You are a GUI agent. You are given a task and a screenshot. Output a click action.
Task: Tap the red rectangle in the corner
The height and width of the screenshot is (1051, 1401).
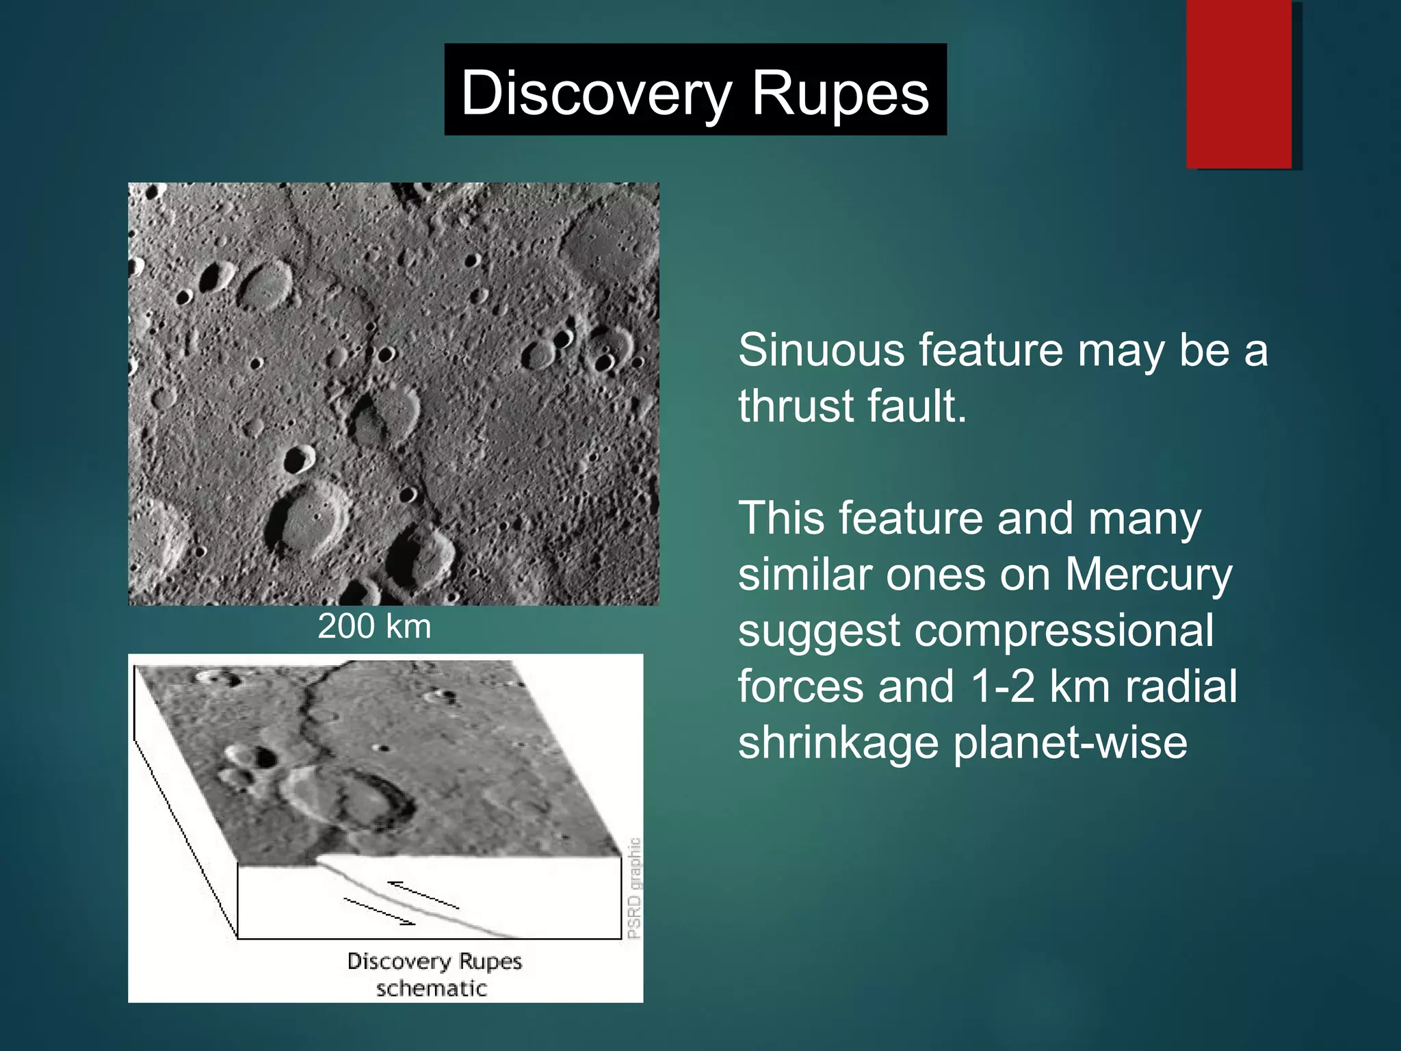coord(1239,83)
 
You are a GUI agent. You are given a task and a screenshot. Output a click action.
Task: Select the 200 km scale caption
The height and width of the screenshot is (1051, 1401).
coord(374,626)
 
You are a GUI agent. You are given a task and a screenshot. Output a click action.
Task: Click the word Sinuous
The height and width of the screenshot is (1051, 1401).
coord(820,350)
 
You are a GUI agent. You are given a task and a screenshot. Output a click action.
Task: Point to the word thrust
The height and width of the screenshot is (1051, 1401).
coord(796,406)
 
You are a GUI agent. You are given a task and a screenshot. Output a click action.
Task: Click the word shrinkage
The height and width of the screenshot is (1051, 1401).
coord(838,743)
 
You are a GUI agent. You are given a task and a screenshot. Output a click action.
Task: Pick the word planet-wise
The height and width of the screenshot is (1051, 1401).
coord(1070,743)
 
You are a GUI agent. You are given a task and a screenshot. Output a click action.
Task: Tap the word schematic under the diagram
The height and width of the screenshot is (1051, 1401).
coord(431,989)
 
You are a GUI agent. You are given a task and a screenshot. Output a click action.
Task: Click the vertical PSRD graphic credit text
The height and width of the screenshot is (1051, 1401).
coord(634,888)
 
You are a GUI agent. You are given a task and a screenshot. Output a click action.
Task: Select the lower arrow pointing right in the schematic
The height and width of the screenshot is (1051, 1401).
coord(380,912)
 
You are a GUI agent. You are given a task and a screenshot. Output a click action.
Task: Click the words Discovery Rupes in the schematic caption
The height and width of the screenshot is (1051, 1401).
coord(434,961)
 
